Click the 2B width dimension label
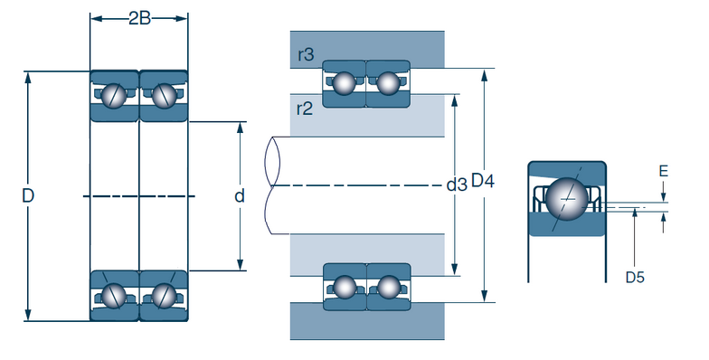[139, 18]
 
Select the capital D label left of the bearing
[28, 196]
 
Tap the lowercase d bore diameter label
[240, 196]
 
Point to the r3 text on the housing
[306, 55]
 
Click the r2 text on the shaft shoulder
[305, 109]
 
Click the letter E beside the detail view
[663, 170]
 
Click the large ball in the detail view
[567, 197]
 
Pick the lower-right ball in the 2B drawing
[164, 295]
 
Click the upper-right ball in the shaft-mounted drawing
[388, 83]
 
